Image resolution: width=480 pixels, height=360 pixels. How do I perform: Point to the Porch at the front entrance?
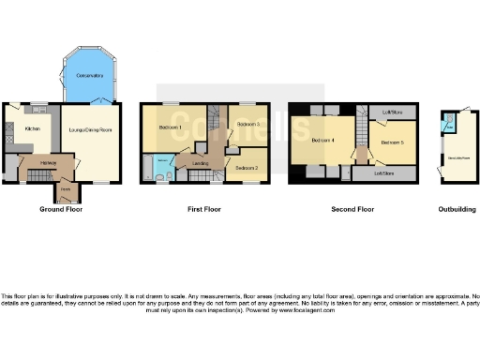click(66, 190)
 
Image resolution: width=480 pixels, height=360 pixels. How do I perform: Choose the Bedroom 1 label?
click(170, 126)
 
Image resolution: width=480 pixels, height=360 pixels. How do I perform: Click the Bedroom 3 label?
click(248, 124)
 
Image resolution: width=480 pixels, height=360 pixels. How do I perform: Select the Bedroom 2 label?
click(247, 167)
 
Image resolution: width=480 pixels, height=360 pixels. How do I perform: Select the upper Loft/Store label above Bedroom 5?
click(392, 112)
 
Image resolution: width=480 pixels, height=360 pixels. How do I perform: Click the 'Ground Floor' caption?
click(62, 210)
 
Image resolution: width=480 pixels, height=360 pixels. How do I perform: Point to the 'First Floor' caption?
click(203, 210)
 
